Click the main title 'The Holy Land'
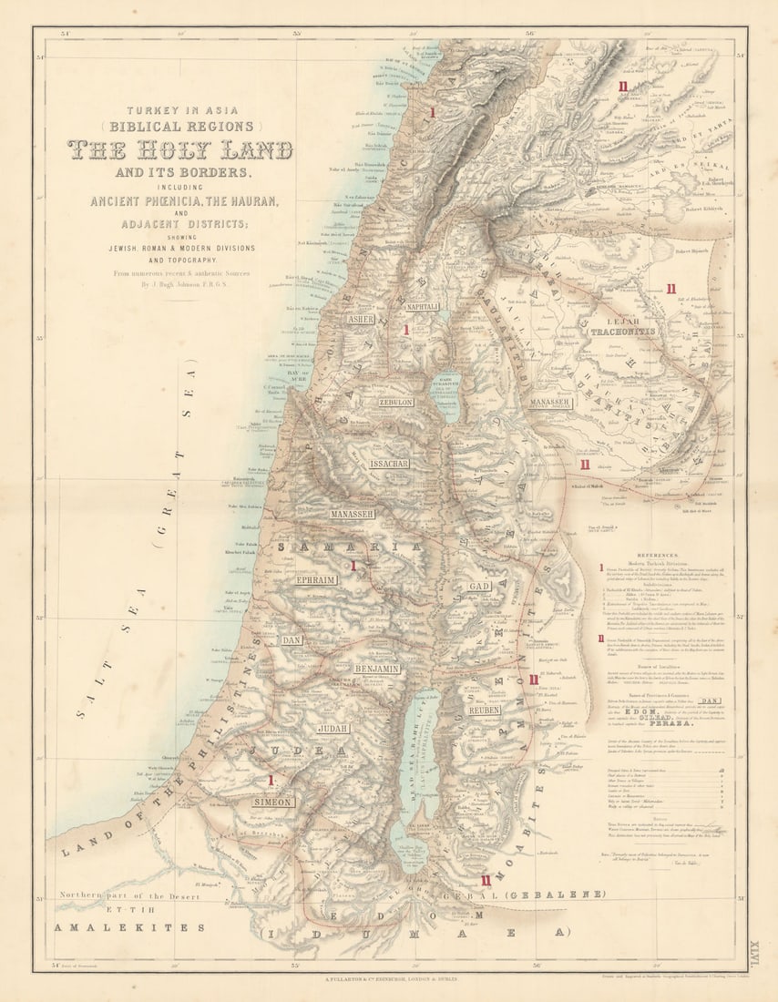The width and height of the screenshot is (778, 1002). (179, 149)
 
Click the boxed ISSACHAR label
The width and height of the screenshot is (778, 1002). (389, 464)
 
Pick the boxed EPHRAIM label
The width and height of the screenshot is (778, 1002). (316, 579)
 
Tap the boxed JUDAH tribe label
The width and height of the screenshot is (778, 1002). (333, 729)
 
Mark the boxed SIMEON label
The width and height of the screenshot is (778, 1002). (273, 803)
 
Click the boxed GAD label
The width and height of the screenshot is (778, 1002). (480, 587)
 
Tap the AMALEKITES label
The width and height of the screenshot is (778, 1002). (129, 927)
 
